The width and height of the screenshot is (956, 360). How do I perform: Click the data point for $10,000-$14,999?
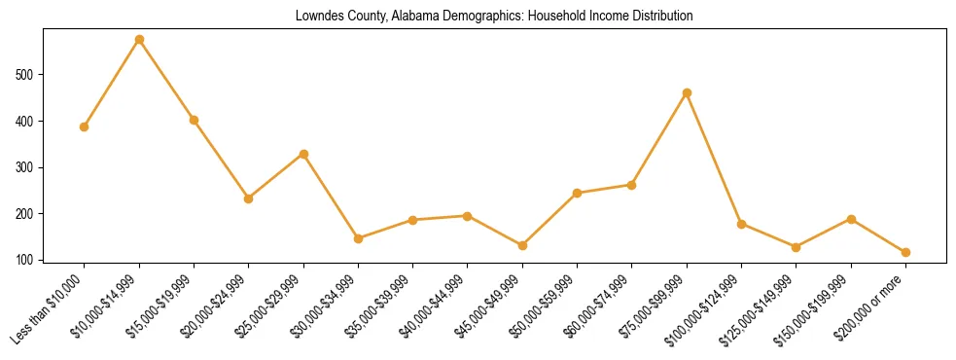pyautogui.click(x=139, y=40)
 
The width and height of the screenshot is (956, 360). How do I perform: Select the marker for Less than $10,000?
pyautogui.click(x=85, y=126)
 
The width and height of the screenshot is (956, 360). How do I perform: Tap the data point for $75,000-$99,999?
pyautogui.click(x=687, y=92)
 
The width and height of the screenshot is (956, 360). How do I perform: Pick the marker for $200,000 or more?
pyautogui.click(x=905, y=252)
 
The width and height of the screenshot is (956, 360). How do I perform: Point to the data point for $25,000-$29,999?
pyautogui.click(x=303, y=154)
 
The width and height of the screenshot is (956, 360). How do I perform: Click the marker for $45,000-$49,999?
pyautogui.click(x=522, y=245)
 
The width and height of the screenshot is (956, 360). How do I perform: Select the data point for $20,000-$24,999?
pyautogui.click(x=249, y=198)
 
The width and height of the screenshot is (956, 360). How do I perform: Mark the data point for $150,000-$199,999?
pyautogui.click(x=851, y=219)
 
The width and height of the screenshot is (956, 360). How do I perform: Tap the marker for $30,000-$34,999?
pyautogui.click(x=358, y=238)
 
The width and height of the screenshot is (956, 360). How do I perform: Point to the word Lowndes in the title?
pyautogui.click(x=318, y=17)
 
